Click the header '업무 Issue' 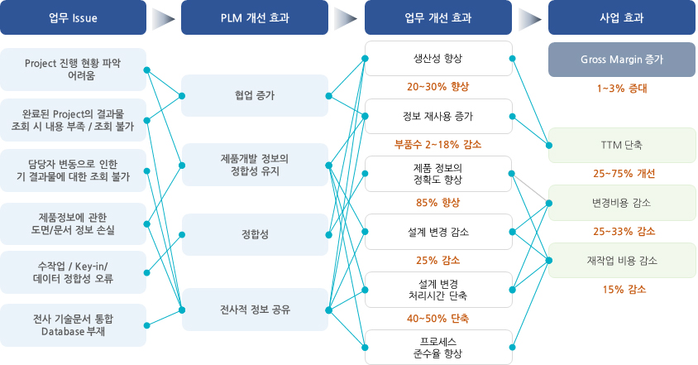(74, 17)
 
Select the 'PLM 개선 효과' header (256, 17)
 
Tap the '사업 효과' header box (622, 17)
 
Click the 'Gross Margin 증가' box (622, 60)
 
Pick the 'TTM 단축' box (622, 145)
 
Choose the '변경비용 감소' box (622, 202)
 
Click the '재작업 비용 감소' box (622, 260)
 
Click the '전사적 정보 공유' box (256, 310)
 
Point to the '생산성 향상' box (438, 59)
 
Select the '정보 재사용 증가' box (438, 116)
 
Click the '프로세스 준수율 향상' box (438, 347)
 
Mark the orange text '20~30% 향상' (438, 87)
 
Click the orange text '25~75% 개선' (624, 174)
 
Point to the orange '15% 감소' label (624, 289)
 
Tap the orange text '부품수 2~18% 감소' (438, 144)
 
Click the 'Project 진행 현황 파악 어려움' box (74, 70)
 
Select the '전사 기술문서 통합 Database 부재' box (74, 325)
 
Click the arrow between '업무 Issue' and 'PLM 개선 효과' (165, 17)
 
